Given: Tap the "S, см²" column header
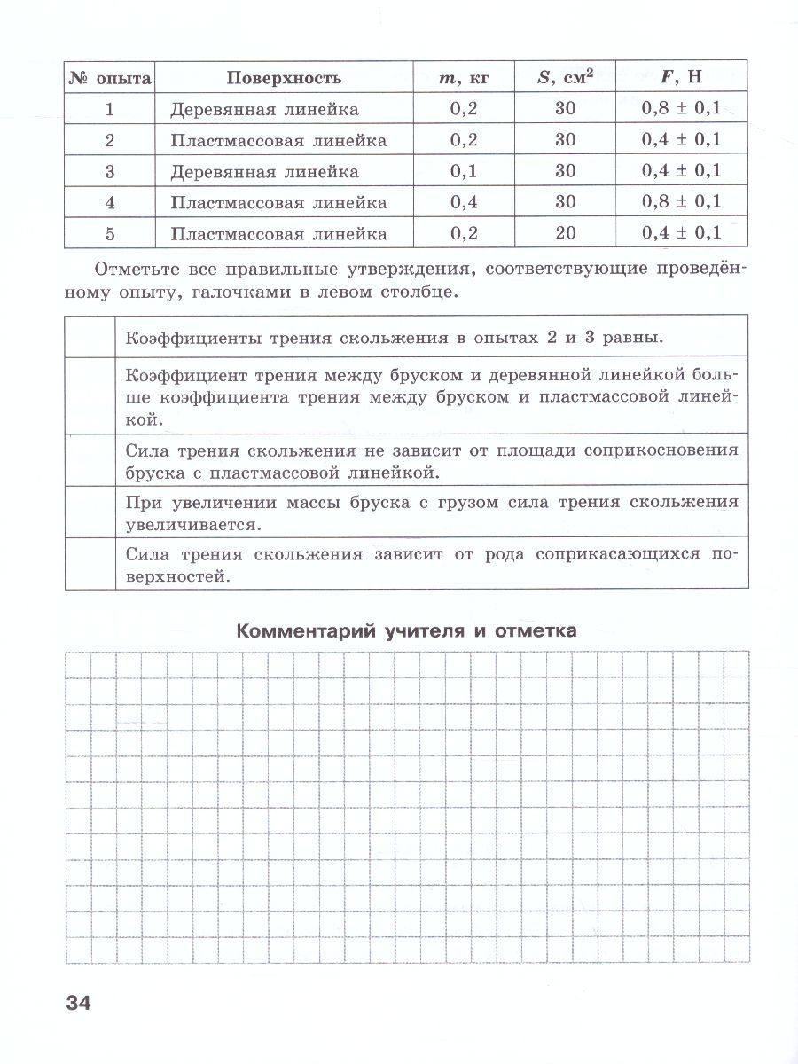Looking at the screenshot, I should point(565,77).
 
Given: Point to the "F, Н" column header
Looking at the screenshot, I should point(681,77).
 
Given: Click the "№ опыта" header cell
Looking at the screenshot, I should point(110,77).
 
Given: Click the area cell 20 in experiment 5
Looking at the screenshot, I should point(565,233).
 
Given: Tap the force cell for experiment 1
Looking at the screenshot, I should point(681,109).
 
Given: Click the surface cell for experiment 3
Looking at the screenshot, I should point(265,171).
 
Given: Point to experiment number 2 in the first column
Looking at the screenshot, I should point(110,140).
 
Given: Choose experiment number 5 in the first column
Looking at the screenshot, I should point(110,233).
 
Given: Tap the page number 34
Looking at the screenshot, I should point(78,1003).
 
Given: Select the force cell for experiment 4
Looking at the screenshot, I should point(681,202).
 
